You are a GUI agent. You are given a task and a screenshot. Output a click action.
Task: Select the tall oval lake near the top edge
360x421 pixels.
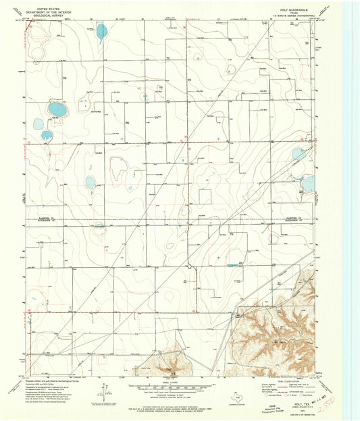point(101,31)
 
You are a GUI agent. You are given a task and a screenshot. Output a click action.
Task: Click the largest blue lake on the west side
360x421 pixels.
point(57,109)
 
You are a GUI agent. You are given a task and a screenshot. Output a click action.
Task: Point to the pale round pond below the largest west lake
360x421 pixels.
point(37,123)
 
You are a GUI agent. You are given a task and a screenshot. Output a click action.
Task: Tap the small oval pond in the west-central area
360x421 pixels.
point(91,181)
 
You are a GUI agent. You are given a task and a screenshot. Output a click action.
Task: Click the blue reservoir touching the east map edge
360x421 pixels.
point(308,184)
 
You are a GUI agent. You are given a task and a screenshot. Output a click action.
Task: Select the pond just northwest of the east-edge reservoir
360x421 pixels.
point(298,155)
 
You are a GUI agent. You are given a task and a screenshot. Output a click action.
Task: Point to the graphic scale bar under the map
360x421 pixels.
point(172,387)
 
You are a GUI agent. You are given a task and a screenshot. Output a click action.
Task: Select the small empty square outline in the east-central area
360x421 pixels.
point(204,196)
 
